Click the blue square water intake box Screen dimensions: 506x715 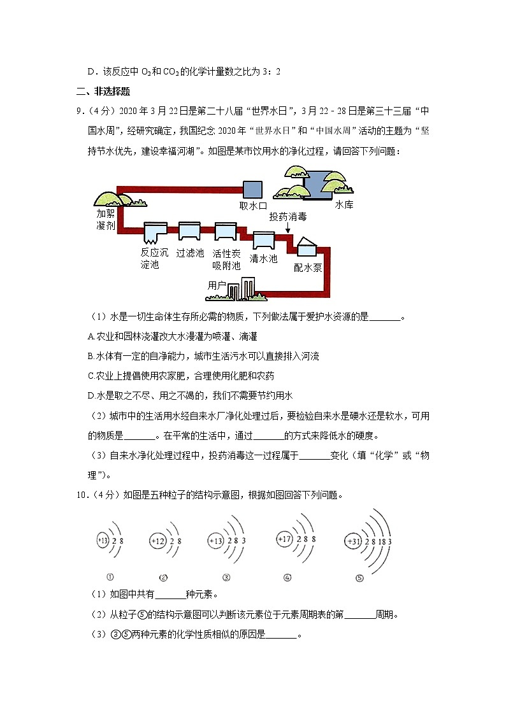252,189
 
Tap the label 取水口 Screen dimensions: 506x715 252,206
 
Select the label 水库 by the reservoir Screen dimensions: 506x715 344,205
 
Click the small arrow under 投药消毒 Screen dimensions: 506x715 287,227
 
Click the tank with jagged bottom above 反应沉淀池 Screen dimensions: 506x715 154,234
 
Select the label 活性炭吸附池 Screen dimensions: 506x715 226,259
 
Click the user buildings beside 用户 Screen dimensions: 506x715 242,288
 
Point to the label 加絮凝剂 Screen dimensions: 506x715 106,220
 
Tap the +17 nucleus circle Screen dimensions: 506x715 284,539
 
